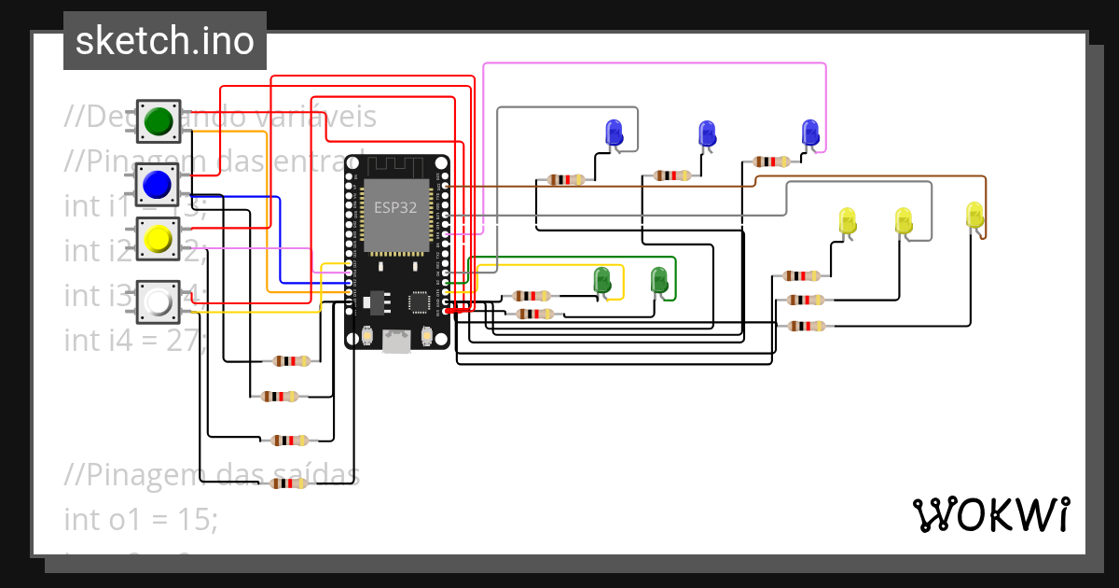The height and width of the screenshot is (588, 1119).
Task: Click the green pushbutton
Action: tap(159, 120)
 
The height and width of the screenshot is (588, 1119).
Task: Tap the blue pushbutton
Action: tap(159, 183)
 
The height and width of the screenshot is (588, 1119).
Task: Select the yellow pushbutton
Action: tap(159, 240)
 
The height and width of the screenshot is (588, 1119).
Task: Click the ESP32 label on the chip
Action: tap(395, 207)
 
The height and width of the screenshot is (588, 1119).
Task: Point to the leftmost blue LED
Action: tap(614, 133)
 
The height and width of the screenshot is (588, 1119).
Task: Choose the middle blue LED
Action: tap(707, 133)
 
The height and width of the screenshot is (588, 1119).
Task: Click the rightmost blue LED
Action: tap(809, 133)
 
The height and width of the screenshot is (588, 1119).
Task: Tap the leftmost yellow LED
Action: tap(848, 221)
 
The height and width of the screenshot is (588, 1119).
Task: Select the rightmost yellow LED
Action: tap(974, 215)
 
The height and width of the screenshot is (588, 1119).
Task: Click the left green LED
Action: tap(602, 279)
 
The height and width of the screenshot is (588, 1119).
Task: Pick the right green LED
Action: tap(658, 279)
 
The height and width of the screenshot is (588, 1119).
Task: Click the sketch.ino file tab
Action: tap(165, 41)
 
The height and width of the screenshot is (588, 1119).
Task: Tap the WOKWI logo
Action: tap(989, 514)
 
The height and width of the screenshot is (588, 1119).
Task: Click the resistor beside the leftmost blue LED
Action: tap(566, 179)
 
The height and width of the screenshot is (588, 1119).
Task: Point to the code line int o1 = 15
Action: tap(140, 519)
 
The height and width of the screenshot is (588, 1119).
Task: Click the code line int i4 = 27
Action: tap(135, 340)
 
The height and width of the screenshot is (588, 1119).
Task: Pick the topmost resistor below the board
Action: tap(292, 361)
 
